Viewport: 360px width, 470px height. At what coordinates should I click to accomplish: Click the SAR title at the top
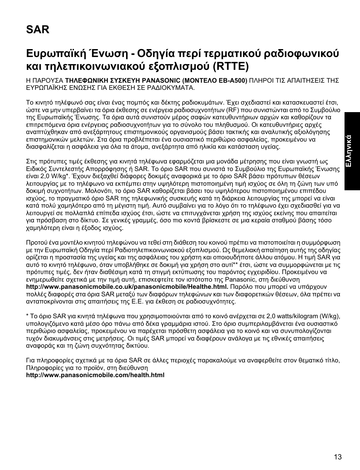click(x=38, y=29)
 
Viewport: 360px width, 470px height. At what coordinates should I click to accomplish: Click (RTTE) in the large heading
click(x=230, y=66)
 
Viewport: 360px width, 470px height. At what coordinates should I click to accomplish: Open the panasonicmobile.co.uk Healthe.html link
click(x=127, y=287)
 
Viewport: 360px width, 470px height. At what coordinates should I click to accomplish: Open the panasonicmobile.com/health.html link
click(x=95, y=375)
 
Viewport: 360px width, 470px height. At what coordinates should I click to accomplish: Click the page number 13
click(x=337, y=457)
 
